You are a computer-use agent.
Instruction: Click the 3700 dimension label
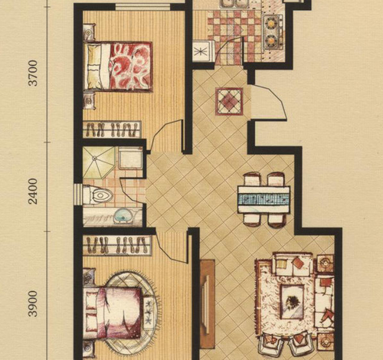pyautogui.click(x=33, y=73)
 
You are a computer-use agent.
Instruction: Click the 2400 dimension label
pyautogui.click(x=33, y=191)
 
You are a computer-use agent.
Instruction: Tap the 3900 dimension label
pyautogui.click(x=33, y=303)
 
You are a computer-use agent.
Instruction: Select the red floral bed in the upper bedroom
pyautogui.click(x=119, y=67)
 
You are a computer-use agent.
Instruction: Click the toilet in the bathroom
pyautogui.click(x=98, y=195)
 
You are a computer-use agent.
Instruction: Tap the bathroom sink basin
pyautogui.click(x=123, y=217)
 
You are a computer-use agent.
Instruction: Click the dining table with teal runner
pyautogui.click(x=264, y=199)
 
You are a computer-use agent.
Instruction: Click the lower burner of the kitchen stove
pyautogui.click(x=270, y=40)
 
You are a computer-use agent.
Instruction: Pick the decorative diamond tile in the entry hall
pyautogui.click(x=229, y=101)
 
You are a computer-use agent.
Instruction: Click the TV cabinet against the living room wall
pyautogui.click(x=208, y=304)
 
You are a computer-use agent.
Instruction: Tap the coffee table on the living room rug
pyautogui.click(x=292, y=302)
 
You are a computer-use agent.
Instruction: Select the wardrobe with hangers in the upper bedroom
pyautogui.click(x=112, y=129)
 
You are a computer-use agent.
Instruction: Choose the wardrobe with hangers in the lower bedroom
pyautogui.click(x=117, y=245)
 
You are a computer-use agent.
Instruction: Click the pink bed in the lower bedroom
pyautogui.click(x=113, y=313)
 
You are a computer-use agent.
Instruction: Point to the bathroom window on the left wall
pyautogui.click(x=77, y=195)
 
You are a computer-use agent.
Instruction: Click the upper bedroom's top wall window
pyautogui.click(x=143, y=7)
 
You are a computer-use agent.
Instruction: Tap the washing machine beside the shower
pyautogui.click(x=130, y=158)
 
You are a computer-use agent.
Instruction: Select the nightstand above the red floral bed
pyautogui.click(x=89, y=31)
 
